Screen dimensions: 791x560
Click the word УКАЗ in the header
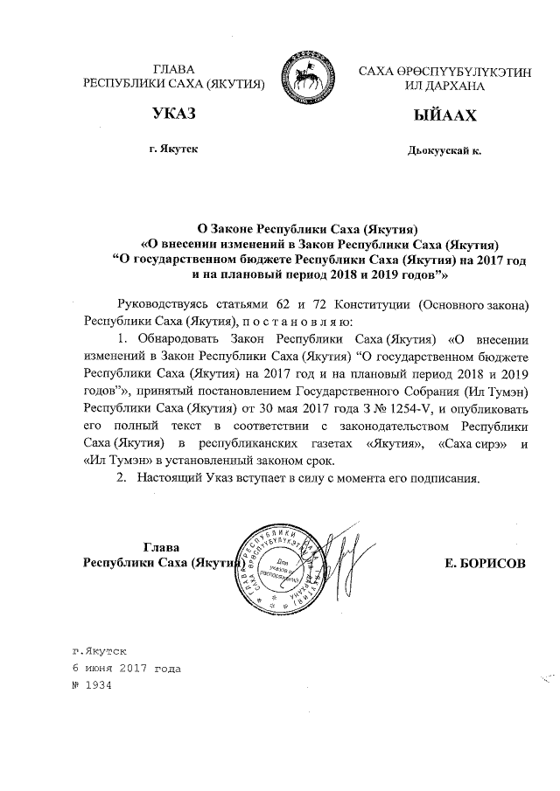click(172, 114)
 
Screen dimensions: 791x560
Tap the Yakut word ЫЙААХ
click(444, 114)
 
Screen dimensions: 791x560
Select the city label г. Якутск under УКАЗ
click(173, 150)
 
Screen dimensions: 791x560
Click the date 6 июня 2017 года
click(126, 669)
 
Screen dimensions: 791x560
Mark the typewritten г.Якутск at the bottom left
click(99, 652)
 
